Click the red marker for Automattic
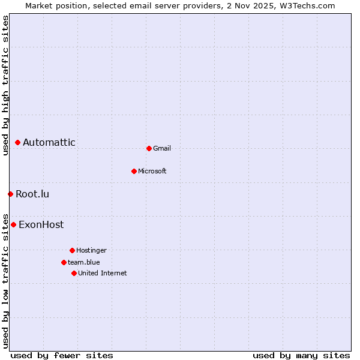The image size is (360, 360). click(17, 142)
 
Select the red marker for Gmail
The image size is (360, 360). click(149, 148)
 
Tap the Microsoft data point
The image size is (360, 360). click(134, 171)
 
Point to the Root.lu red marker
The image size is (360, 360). click(10, 194)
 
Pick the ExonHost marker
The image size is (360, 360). click(13, 224)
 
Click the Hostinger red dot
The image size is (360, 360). click(72, 250)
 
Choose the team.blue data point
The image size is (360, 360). click(64, 262)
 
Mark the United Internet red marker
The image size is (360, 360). click(74, 273)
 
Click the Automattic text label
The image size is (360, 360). click(49, 143)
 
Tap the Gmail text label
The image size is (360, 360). click(162, 148)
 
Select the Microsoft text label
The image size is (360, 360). click(152, 171)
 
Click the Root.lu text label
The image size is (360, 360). click(32, 194)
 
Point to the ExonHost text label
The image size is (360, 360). click(41, 225)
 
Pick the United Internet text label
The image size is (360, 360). click(103, 273)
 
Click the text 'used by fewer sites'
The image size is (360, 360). click(62, 355)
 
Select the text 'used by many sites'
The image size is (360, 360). click(301, 355)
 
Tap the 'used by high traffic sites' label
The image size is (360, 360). click(5, 85)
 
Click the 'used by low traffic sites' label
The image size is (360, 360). click(5, 280)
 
